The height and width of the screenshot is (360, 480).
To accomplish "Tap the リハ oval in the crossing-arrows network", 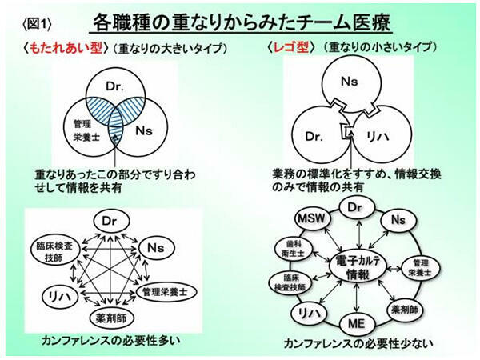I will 58,294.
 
